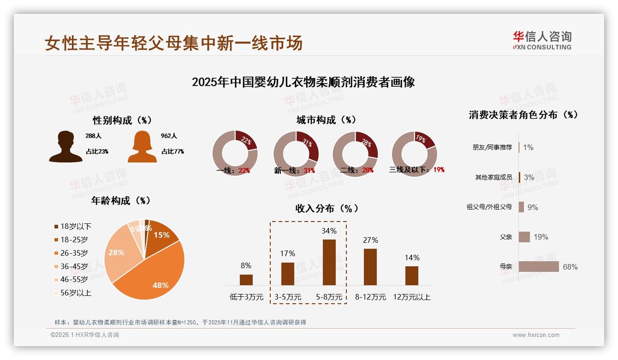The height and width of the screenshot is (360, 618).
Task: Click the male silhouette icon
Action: point(65,147)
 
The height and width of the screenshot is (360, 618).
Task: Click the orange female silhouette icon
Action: point(142,147)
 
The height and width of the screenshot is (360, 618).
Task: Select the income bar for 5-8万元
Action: point(329,262)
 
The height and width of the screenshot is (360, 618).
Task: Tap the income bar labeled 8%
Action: point(246,280)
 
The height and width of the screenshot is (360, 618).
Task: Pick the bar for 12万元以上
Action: point(412,276)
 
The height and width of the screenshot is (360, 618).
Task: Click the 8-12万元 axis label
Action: point(370,297)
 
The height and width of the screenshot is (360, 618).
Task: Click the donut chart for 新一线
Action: point(296,153)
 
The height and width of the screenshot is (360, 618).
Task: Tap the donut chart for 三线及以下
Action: point(414,153)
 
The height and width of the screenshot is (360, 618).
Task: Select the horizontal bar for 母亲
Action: point(539,267)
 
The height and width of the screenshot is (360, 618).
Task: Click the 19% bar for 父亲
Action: point(524,237)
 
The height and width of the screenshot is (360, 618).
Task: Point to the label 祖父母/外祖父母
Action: point(489,207)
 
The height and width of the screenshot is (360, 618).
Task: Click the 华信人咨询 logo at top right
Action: point(542,40)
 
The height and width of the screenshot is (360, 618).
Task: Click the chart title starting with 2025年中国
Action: point(303,82)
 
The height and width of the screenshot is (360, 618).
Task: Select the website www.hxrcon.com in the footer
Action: point(536,335)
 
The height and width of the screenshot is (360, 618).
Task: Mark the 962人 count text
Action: point(169,136)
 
